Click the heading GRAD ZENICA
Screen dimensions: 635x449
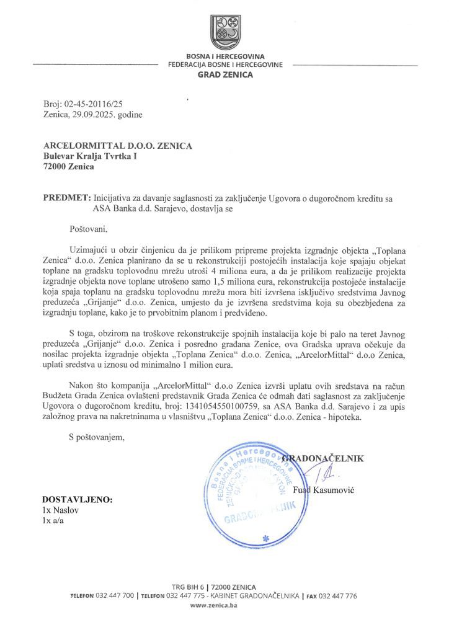click(225, 75)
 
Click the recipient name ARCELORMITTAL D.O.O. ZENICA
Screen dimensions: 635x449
click(118, 146)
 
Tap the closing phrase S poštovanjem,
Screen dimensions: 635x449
click(97, 438)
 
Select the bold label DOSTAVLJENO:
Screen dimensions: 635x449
click(77, 499)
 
